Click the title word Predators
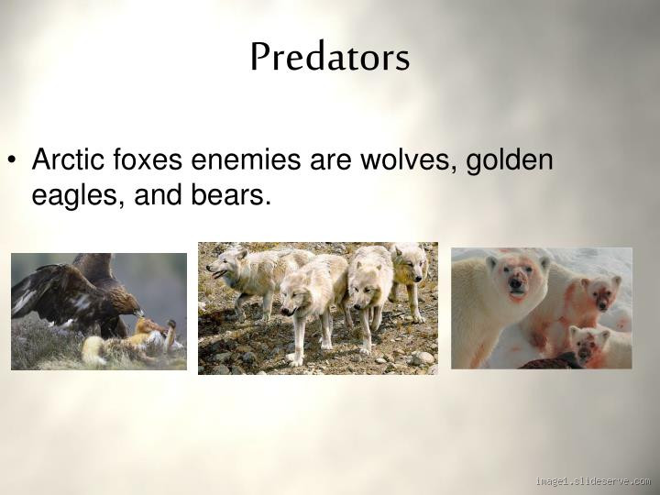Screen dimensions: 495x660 pos(329,58)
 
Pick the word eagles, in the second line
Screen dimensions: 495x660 pos(71,195)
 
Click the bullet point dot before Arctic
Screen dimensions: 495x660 pos(16,162)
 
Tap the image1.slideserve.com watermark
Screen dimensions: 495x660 pos(593,480)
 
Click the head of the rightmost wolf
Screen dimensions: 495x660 pos(410,266)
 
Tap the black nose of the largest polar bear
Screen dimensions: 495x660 pos(515,284)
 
